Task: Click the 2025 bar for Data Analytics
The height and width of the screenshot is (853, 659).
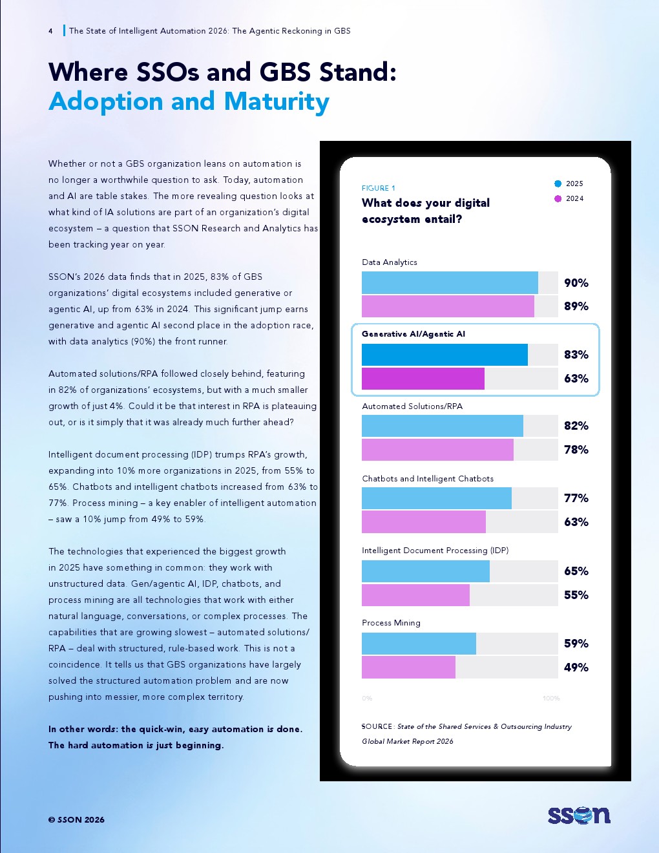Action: click(x=450, y=282)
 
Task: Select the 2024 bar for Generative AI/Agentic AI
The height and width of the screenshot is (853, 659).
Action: click(x=423, y=379)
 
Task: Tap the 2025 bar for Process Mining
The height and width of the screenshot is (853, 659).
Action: click(x=419, y=644)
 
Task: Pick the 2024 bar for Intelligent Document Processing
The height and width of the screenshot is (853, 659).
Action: click(x=415, y=595)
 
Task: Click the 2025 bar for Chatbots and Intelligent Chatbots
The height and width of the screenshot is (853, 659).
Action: click(x=437, y=498)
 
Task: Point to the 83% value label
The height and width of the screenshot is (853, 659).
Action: click(x=576, y=355)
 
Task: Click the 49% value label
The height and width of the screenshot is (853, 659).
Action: click(x=576, y=668)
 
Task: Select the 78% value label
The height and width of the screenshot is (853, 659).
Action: click(x=576, y=450)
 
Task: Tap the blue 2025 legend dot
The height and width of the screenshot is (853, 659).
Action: click(x=558, y=184)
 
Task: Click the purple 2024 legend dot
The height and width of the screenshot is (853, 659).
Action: click(x=558, y=198)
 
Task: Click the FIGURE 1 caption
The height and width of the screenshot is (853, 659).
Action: click(x=379, y=189)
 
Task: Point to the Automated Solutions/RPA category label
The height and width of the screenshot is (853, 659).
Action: click(x=412, y=406)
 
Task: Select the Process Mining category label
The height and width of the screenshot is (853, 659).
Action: click(x=391, y=623)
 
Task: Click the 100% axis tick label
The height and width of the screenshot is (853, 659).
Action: click(x=551, y=699)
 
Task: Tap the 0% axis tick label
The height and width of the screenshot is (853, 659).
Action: click(x=367, y=699)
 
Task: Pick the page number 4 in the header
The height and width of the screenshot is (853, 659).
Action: click(x=50, y=31)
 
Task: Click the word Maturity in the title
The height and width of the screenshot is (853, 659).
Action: click(x=277, y=102)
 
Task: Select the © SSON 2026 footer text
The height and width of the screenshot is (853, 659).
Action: click(x=76, y=820)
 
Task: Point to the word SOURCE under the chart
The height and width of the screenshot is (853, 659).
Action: click(x=377, y=726)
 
